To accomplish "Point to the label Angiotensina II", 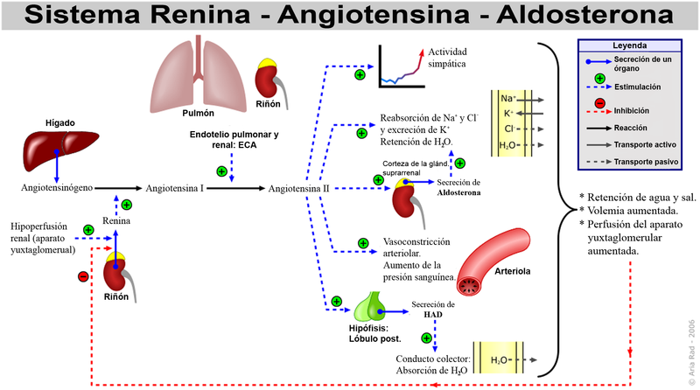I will (x=298, y=188).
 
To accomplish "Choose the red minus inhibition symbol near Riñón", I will (x=83, y=276).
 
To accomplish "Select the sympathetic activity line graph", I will (x=405, y=68).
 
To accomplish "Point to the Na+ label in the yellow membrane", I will (x=509, y=100).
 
